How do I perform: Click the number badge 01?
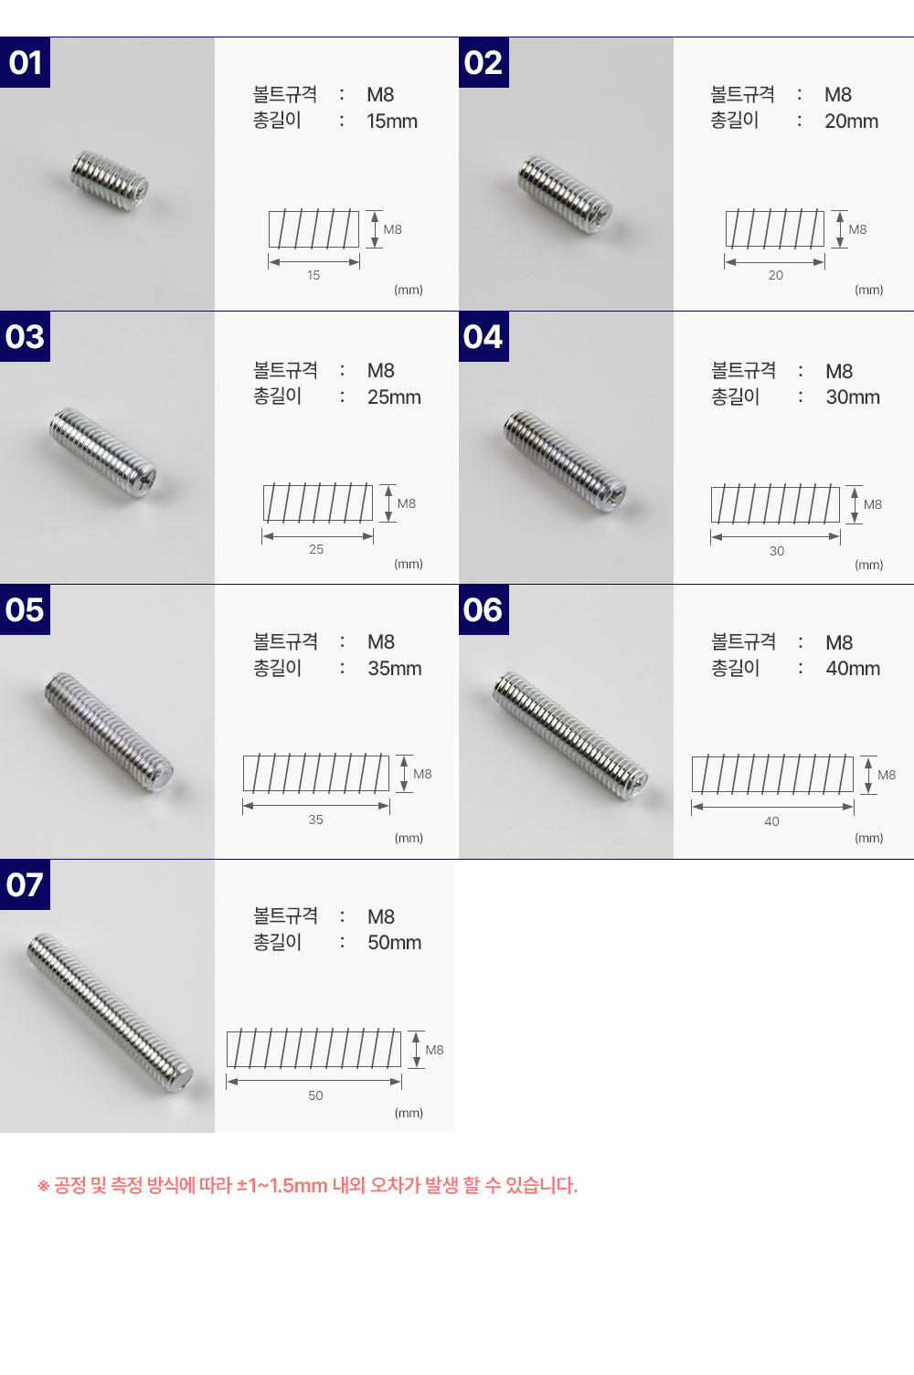(x=26, y=63)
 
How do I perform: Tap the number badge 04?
(x=484, y=336)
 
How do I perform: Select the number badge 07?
(x=26, y=884)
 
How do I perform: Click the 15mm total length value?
(x=392, y=122)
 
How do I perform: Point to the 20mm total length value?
(x=851, y=122)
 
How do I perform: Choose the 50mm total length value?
(x=394, y=943)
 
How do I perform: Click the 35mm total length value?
(x=394, y=669)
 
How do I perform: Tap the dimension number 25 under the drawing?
(x=316, y=549)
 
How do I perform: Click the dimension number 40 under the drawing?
(x=772, y=821)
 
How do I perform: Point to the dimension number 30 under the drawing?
(x=777, y=551)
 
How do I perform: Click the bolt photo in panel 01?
(x=110, y=181)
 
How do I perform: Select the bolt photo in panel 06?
(x=570, y=736)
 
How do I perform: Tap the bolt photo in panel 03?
(x=103, y=452)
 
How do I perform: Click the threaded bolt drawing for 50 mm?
(x=314, y=1050)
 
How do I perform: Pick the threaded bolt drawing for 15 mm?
(x=314, y=229)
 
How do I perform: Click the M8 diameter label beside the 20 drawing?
(x=857, y=229)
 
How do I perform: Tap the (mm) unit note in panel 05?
(x=409, y=838)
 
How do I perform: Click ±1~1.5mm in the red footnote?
(x=282, y=1185)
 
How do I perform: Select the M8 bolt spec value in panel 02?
(x=838, y=95)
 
